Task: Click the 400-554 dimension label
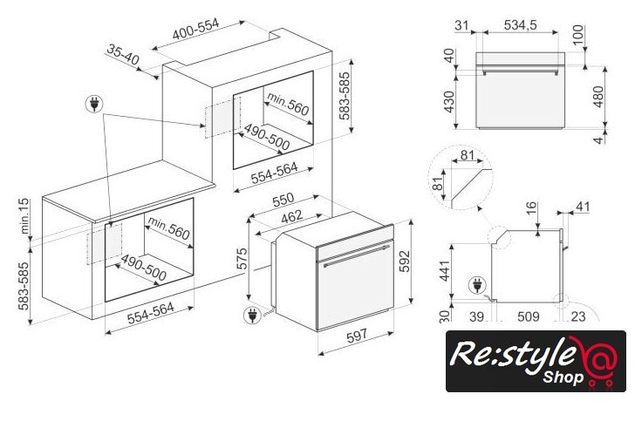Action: click(x=196, y=29)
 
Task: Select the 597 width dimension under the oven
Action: click(x=357, y=336)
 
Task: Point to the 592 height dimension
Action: click(x=404, y=261)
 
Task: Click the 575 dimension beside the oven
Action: click(x=242, y=258)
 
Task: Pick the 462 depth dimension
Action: click(x=291, y=216)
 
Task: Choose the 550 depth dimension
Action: click(x=283, y=199)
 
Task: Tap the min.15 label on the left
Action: click(x=24, y=215)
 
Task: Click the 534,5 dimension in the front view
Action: click(x=521, y=24)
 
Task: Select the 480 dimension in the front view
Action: click(x=597, y=97)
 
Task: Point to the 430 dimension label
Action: click(x=449, y=102)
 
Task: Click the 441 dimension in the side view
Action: click(x=444, y=270)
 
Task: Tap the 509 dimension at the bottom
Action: click(x=528, y=316)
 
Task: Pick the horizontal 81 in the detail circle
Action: click(x=467, y=154)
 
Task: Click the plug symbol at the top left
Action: click(x=94, y=104)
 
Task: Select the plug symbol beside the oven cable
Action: click(x=252, y=315)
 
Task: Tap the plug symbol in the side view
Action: click(x=477, y=285)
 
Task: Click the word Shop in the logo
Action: click(x=563, y=377)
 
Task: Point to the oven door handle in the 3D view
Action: click(x=356, y=255)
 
